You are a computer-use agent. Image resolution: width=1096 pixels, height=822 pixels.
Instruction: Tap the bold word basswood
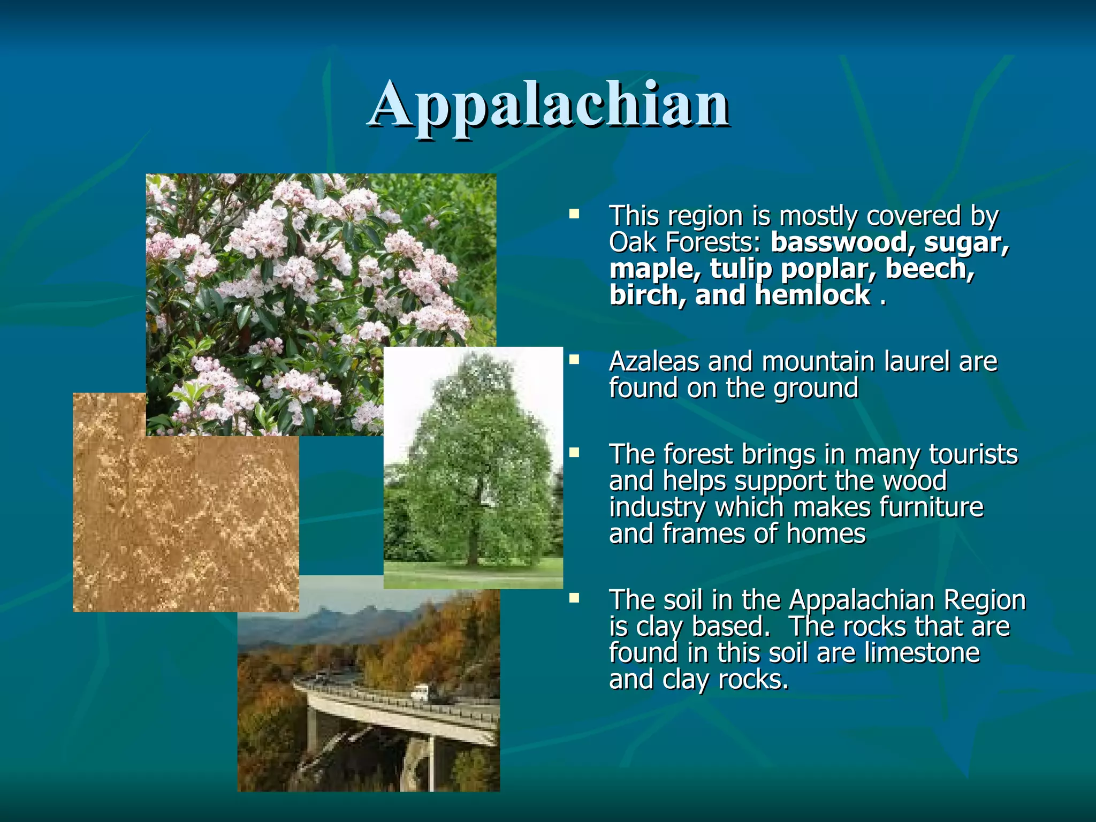click(839, 242)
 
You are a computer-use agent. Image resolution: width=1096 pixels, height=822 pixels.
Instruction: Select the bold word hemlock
click(813, 295)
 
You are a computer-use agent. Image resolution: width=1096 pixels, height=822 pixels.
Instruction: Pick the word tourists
click(973, 455)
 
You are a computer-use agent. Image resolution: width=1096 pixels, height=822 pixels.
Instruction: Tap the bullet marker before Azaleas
click(574, 359)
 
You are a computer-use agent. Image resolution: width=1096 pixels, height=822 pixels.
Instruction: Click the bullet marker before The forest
click(574, 453)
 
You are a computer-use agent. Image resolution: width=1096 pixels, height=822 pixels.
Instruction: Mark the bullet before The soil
click(574, 598)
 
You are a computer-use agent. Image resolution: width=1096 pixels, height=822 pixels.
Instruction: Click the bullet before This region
click(574, 215)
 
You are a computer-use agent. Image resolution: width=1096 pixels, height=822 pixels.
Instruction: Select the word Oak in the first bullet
click(632, 242)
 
